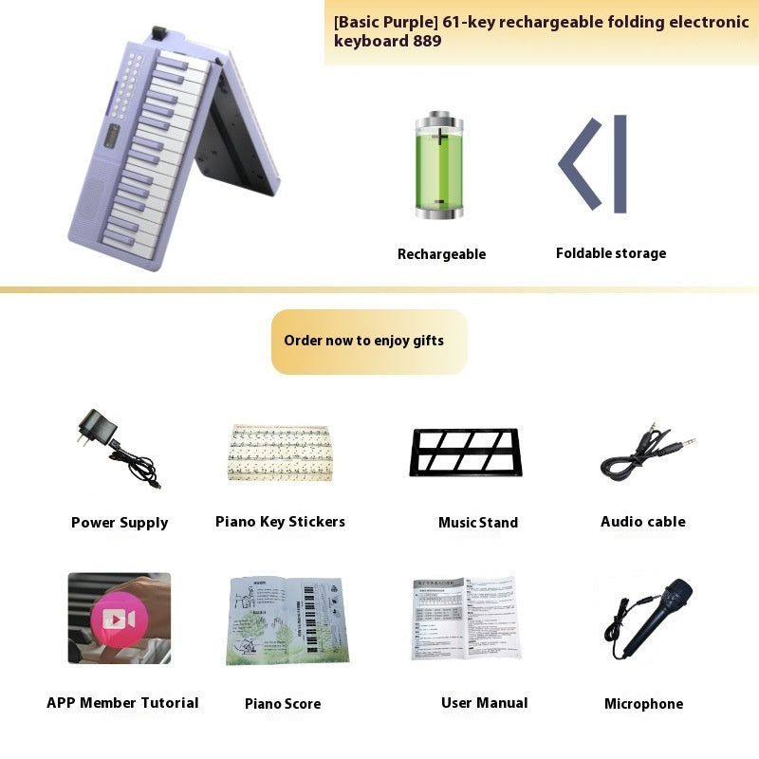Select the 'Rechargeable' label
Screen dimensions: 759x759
(x=441, y=254)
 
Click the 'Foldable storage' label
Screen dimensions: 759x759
(x=611, y=253)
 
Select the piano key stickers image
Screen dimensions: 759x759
(x=280, y=454)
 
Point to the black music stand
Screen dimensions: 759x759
(x=466, y=452)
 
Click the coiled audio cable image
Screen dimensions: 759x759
(x=645, y=454)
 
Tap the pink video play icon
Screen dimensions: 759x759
(x=119, y=620)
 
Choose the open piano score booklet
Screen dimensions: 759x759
(x=287, y=620)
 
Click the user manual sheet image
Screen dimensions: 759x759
(x=466, y=618)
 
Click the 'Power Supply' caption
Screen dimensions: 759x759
(x=120, y=523)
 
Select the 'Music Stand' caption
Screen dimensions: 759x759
(x=478, y=523)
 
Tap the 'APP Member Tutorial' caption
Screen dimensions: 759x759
(x=122, y=703)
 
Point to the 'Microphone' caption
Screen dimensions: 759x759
(x=643, y=704)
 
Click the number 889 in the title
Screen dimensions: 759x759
(x=426, y=41)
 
